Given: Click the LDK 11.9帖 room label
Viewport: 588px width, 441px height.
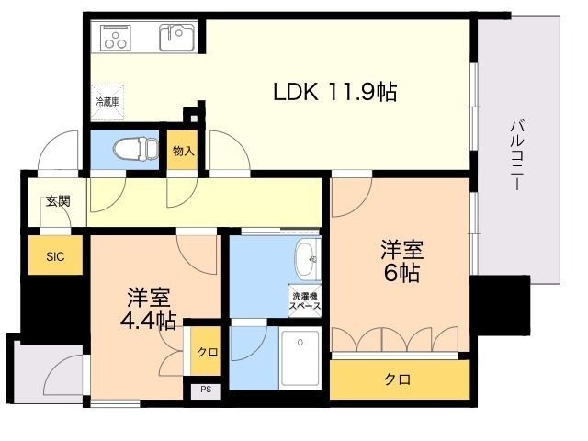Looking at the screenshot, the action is [334, 92].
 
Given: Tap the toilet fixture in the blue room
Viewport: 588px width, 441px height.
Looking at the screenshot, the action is [136, 149].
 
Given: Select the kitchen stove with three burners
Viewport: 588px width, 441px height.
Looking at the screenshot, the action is [116, 38].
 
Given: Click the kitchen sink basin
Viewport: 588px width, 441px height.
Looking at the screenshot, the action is [177, 37].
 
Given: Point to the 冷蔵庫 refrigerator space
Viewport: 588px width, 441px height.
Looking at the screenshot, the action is [107, 103].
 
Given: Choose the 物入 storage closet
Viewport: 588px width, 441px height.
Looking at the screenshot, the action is [183, 150].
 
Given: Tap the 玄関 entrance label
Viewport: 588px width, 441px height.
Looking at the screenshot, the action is [58, 201].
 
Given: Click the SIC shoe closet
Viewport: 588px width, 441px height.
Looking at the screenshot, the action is [55, 255].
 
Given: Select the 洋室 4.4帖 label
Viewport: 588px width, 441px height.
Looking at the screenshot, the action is [149, 309].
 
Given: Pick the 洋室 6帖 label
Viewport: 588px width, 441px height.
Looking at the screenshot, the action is [402, 261].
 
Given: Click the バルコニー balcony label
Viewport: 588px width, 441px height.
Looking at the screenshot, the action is [517, 154].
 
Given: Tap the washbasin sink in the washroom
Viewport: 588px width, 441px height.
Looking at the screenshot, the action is [308, 260].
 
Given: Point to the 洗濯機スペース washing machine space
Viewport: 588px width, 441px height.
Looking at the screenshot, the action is [305, 301].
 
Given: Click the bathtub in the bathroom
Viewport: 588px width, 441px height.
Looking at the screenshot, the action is [300, 358].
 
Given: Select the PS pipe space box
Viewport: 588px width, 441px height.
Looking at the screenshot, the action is [206, 390].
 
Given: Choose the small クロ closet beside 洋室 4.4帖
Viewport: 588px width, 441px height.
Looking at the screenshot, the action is [206, 351].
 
